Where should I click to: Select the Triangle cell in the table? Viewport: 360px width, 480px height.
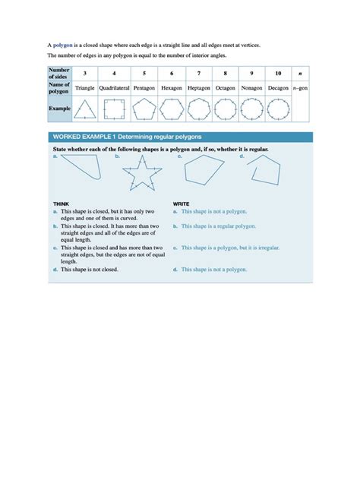85,87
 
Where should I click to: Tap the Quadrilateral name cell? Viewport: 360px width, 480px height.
114,87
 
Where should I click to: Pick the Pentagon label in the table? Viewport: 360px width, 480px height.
144,87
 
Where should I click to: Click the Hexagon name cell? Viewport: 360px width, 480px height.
172,87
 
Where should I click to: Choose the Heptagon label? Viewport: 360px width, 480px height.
198,87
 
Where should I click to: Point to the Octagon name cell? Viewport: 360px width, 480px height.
225,87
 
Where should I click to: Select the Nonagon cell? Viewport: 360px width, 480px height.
251,87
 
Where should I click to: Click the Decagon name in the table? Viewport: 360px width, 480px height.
278,87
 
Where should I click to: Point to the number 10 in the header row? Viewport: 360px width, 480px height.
278,73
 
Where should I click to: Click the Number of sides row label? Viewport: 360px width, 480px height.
59,73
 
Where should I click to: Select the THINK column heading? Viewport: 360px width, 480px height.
62,204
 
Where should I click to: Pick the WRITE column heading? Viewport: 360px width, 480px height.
182,204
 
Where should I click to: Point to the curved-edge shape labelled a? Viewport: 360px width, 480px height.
84,169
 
